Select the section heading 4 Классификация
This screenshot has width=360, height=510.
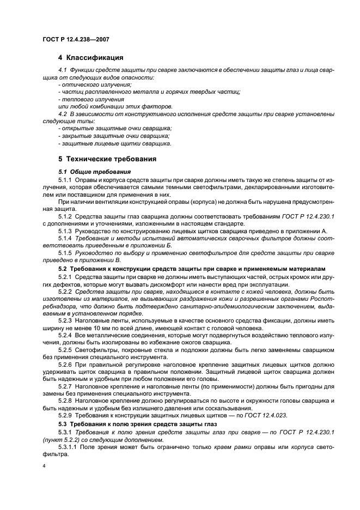coord(90,58)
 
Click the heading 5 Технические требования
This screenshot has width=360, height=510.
coord(107,159)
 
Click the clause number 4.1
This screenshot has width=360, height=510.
coord(62,71)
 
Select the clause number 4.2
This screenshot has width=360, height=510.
coord(62,114)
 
